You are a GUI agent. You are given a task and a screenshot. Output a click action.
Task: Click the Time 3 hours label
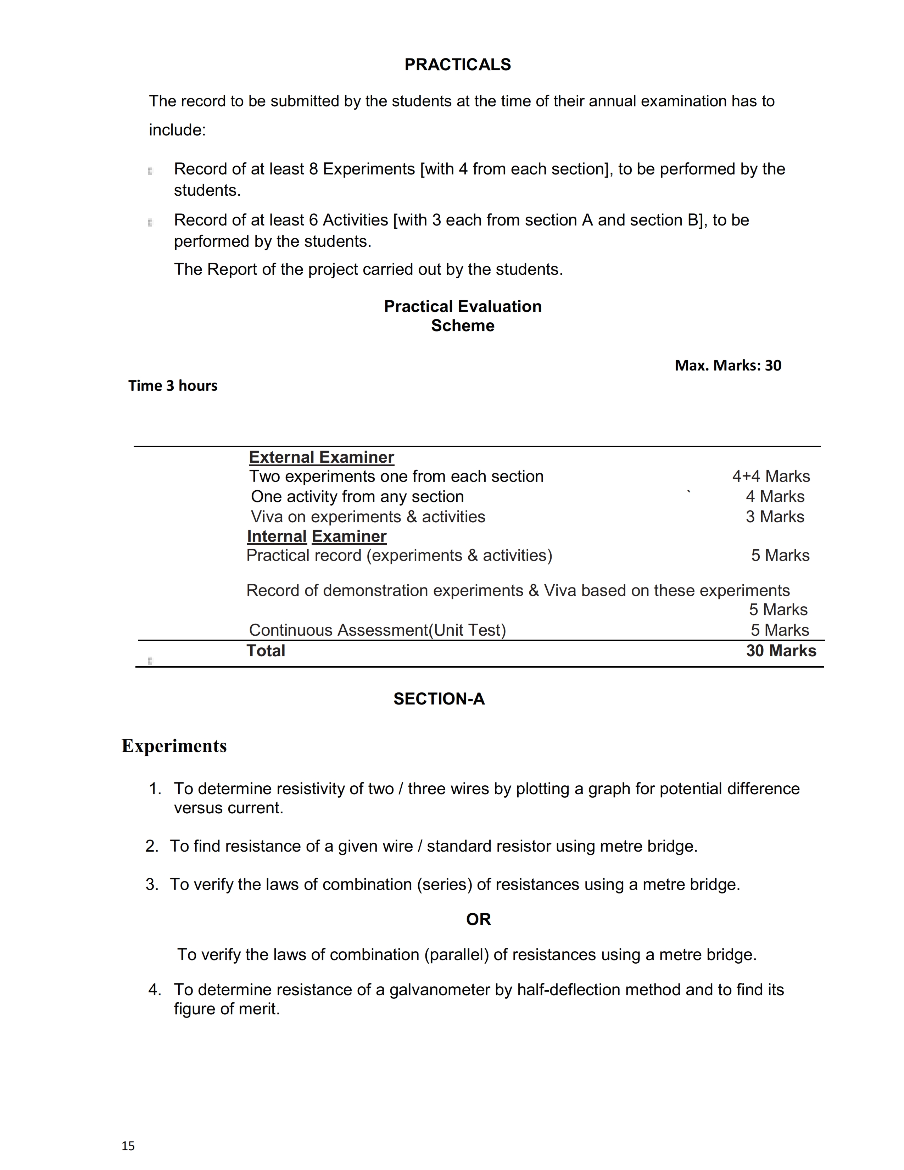click(x=172, y=386)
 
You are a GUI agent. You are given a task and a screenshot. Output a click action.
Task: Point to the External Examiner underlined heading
click(x=321, y=457)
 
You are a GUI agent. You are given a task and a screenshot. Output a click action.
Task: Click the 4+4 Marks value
click(x=771, y=476)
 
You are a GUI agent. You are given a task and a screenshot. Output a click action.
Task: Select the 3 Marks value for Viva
click(x=774, y=517)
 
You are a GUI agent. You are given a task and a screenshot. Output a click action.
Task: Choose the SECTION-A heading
click(x=439, y=698)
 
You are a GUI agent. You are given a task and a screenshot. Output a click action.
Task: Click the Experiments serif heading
click(x=174, y=746)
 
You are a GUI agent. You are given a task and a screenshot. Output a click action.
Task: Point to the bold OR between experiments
click(x=478, y=919)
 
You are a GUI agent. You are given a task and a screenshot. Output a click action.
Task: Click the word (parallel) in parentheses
click(x=456, y=955)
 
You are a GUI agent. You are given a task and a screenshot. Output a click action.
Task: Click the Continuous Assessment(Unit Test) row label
click(x=377, y=630)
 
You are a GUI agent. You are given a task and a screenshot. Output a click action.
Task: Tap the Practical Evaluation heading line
click(x=463, y=306)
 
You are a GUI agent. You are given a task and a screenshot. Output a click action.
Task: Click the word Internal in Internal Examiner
click(x=277, y=536)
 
